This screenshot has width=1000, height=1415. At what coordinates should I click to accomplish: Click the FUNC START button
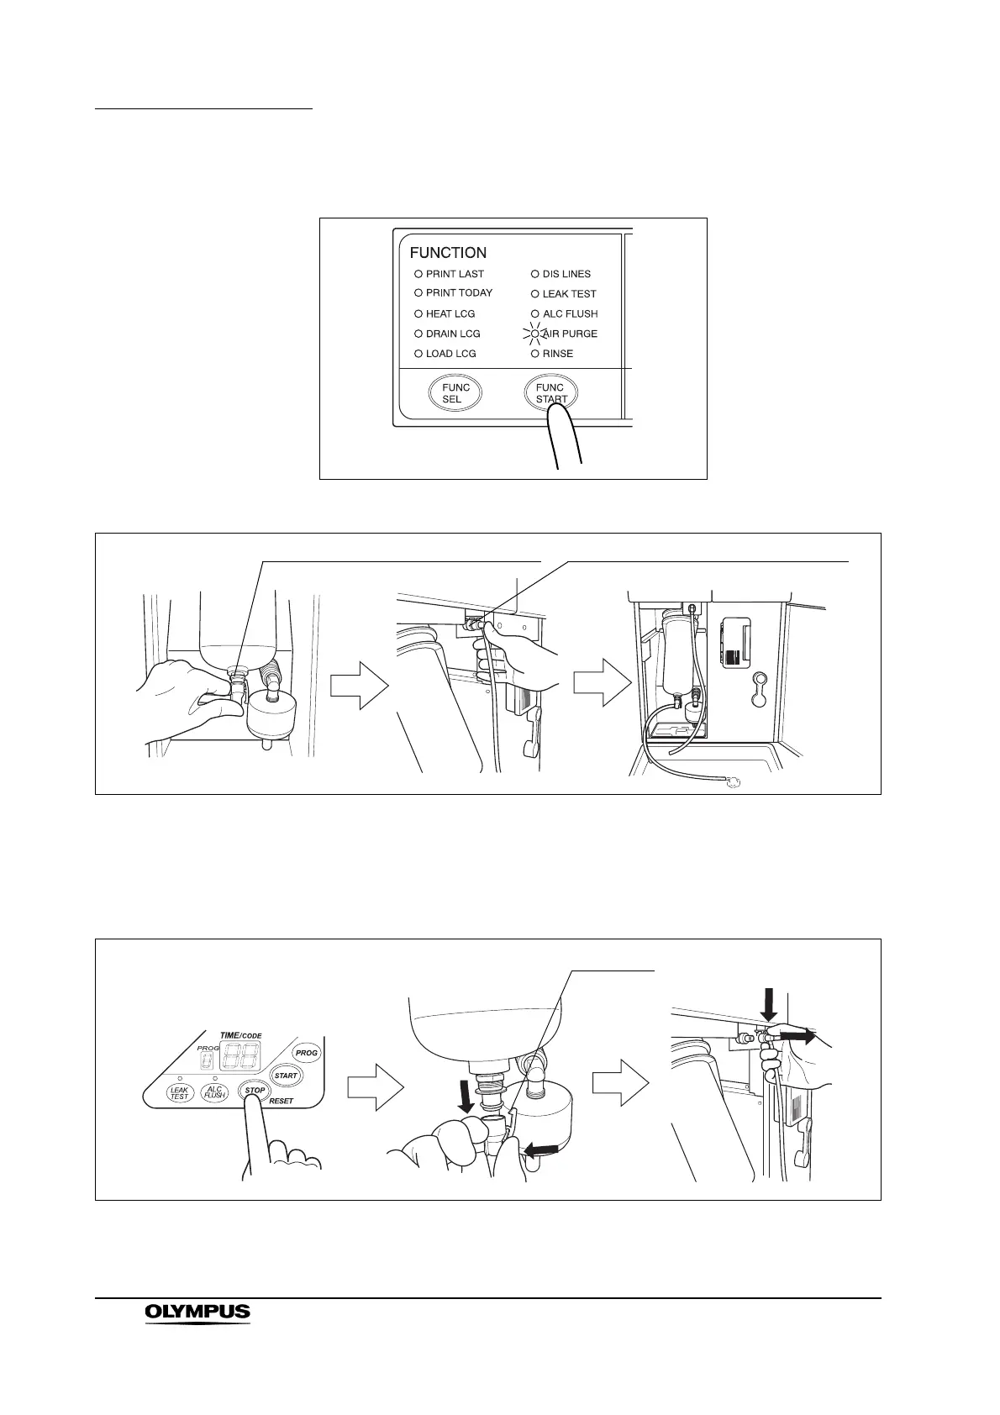(551, 392)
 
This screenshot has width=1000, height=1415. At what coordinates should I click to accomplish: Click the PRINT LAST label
(455, 274)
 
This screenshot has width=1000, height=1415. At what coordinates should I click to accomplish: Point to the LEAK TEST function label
(569, 294)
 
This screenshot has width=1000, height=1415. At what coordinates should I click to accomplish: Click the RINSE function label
(558, 354)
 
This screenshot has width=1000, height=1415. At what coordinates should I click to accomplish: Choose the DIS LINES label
(566, 274)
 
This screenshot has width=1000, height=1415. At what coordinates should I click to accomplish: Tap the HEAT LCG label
(450, 313)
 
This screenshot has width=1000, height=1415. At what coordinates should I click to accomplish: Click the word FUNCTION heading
(448, 252)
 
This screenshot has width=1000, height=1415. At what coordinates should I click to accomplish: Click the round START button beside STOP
(286, 1076)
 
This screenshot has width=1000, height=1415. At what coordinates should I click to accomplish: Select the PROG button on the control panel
(307, 1053)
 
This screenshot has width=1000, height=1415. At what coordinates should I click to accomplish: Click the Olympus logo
(197, 1312)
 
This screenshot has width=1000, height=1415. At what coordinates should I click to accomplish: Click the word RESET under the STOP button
(282, 1101)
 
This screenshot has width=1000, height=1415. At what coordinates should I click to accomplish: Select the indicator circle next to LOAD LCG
(418, 354)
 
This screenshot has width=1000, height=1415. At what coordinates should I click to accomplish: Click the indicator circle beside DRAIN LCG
(418, 334)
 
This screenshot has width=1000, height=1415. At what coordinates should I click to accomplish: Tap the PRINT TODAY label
(459, 293)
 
